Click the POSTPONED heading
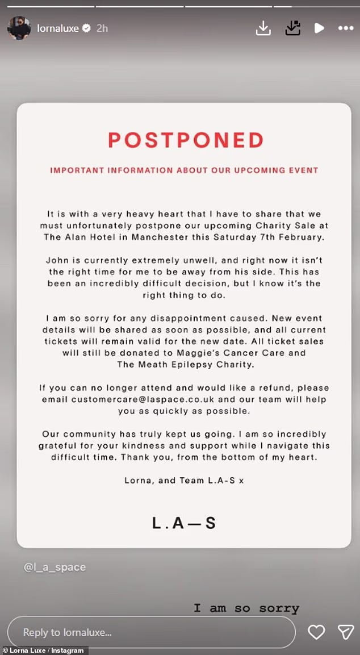186,140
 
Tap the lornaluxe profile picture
19,28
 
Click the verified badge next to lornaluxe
86,28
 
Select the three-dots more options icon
346,28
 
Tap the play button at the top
320,28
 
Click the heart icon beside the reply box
316,632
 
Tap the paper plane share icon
346,632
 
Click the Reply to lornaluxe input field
151,632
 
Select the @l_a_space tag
55,567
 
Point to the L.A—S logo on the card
184,523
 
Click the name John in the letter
56,260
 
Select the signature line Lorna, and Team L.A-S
184,480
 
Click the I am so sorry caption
246,608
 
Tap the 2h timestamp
102,28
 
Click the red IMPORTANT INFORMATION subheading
184,170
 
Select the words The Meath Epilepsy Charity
183,364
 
